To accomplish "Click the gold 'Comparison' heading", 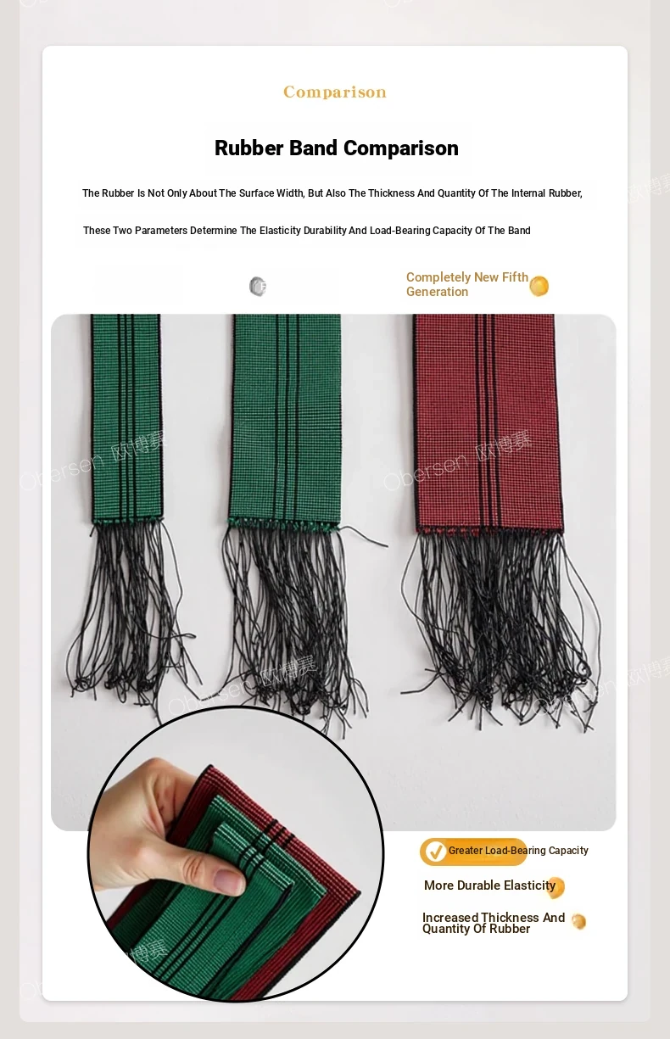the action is click(335, 92).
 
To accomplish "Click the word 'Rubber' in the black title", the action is click(249, 148).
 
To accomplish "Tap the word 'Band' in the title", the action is click(314, 148).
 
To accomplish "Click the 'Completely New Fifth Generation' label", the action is click(467, 284).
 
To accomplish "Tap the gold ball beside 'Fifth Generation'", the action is click(539, 286).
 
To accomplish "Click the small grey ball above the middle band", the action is click(258, 286).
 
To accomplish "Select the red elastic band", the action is click(489, 423).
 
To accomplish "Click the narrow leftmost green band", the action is click(126, 418).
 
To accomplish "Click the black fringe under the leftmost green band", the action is click(132, 612).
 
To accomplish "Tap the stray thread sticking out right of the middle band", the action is click(364, 536).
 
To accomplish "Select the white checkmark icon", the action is click(435, 852).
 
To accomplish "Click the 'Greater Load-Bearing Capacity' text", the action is click(518, 851).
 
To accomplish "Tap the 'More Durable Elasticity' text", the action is click(489, 885).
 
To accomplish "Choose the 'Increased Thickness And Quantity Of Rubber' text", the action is click(494, 923).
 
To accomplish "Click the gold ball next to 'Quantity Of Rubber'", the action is click(578, 921).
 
